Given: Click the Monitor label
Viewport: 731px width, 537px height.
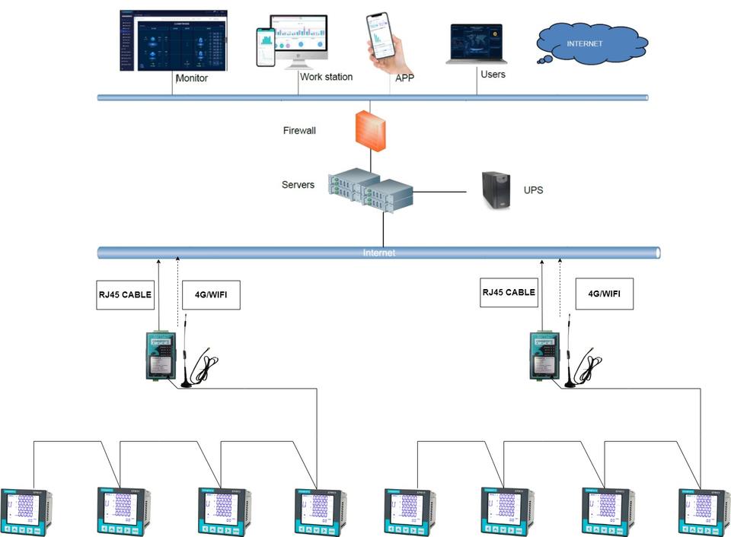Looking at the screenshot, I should pyautogui.click(x=191, y=78).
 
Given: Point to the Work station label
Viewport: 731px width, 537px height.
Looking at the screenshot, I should pyautogui.click(x=326, y=77).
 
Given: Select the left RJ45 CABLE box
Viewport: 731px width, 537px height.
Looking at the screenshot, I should pyautogui.click(x=126, y=294).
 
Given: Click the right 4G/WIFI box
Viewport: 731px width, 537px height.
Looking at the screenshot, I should pyautogui.click(x=604, y=294).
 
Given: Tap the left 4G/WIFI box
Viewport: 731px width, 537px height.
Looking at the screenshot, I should pyautogui.click(x=212, y=294).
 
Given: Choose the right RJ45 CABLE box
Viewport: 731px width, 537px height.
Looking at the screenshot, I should pyautogui.click(x=509, y=292).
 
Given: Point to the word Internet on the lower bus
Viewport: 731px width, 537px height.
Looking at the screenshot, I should pyautogui.click(x=379, y=253).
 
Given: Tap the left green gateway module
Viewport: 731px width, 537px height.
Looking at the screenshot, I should pyautogui.click(x=161, y=354).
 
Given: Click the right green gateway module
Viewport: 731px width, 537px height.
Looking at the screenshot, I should pyautogui.click(x=546, y=354).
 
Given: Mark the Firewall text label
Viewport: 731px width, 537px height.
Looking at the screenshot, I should pyautogui.click(x=299, y=131).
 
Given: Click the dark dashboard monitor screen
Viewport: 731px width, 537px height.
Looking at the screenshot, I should pyautogui.click(x=174, y=40).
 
